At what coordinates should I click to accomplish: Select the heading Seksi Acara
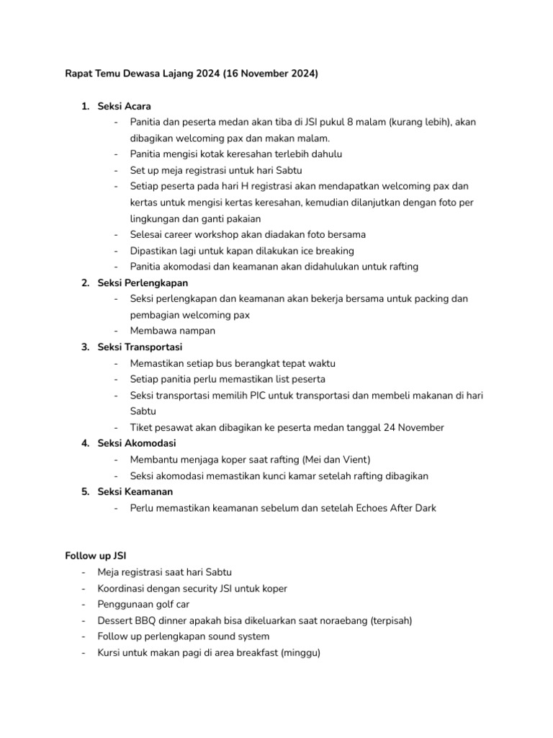pyautogui.click(x=124, y=107)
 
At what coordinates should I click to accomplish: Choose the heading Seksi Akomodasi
pyautogui.click(x=137, y=443)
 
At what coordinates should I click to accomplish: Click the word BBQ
pyautogui.click(x=149, y=621)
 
